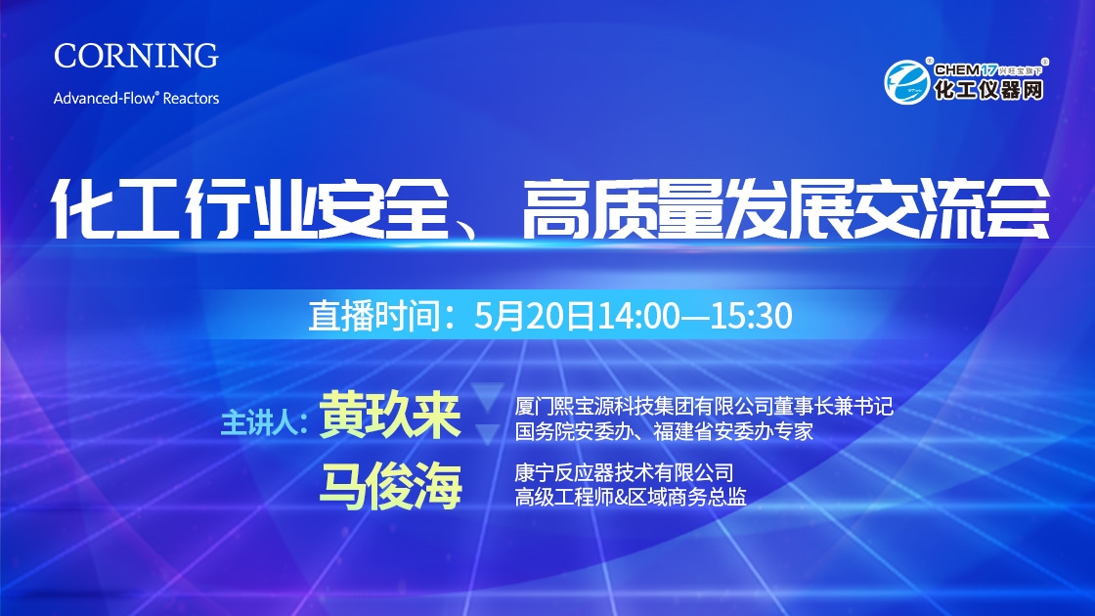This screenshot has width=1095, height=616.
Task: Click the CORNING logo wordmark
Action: tap(136, 56)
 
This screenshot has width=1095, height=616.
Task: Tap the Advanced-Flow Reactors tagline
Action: tap(136, 98)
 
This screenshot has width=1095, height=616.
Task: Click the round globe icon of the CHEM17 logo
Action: tap(906, 82)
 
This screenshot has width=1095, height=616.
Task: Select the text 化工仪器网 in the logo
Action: tap(988, 90)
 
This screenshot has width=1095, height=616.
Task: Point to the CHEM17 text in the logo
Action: tap(965, 69)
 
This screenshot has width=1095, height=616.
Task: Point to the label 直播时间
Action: tap(374, 316)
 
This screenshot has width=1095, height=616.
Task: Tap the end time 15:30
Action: tap(752, 316)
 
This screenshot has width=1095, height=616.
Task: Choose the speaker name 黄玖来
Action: tap(390, 415)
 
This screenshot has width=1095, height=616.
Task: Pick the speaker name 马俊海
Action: tap(390, 486)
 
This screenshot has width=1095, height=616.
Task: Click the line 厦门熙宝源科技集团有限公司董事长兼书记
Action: tap(704, 406)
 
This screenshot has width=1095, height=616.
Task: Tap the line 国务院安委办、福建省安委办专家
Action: tap(664, 431)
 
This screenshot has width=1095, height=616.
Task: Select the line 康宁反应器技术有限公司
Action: tap(625, 473)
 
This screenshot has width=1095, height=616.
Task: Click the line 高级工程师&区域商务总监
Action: tap(631, 497)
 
